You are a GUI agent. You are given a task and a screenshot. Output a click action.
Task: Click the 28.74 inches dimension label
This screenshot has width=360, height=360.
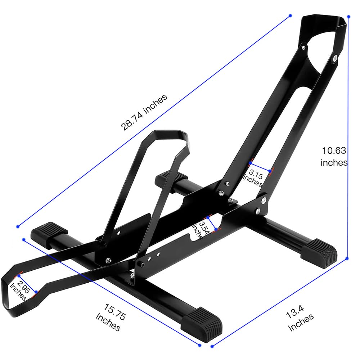coord(144,112)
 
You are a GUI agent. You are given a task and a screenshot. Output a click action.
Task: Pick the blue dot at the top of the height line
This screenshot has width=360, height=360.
coord(348,17)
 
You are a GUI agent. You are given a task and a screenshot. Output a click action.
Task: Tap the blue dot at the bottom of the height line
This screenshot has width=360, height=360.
coord(347,258)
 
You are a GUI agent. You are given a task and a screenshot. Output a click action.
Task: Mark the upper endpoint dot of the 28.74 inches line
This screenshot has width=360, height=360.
coord(291,15)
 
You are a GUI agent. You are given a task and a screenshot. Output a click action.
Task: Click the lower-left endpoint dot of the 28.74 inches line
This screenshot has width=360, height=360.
coord(18,226)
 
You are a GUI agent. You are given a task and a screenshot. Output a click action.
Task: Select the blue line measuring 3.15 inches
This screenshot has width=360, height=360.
coord(260,168)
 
